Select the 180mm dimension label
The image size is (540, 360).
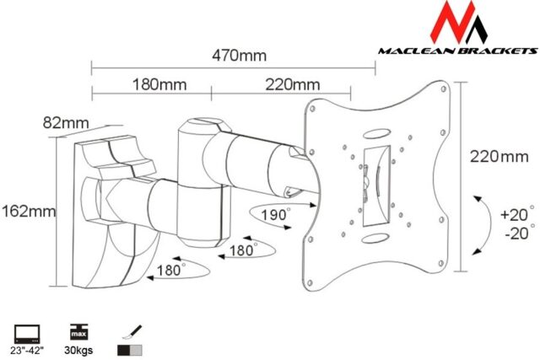coord(159,84)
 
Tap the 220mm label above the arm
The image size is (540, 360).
coord(292,84)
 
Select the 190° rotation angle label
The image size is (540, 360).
coord(273,216)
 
